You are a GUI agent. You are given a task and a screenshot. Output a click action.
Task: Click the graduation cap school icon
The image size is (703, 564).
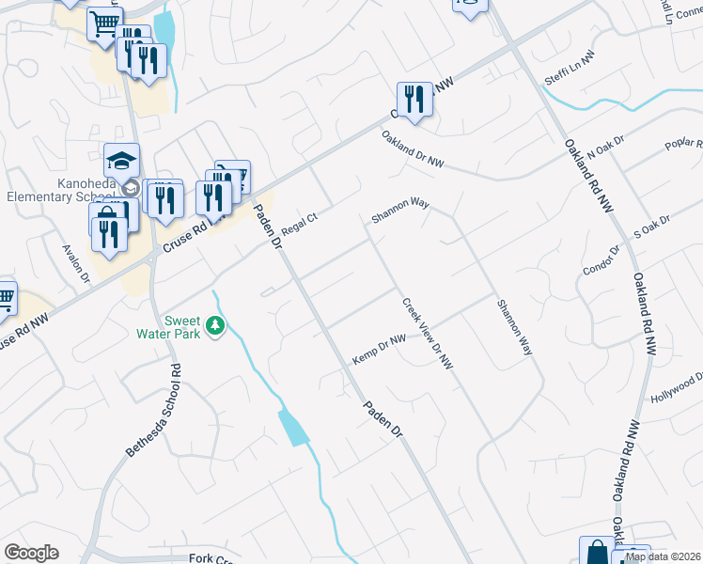tap(121, 160)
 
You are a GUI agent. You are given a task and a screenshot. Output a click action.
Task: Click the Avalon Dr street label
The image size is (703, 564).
tap(75, 264)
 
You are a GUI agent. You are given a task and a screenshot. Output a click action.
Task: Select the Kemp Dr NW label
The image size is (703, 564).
tap(379, 350)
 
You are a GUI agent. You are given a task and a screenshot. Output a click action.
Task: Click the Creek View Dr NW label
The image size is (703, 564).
tap(428, 334)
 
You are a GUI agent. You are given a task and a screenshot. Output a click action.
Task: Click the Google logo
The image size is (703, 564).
tap(31, 553)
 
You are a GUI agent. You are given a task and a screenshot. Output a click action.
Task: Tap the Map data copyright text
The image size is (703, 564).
tap(664, 556)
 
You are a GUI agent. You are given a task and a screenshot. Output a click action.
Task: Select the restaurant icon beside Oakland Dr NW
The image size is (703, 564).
tap(414, 99)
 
